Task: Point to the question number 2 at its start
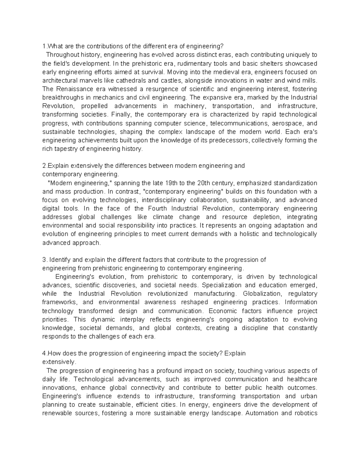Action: [44, 166]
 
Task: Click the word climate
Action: [163, 217]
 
